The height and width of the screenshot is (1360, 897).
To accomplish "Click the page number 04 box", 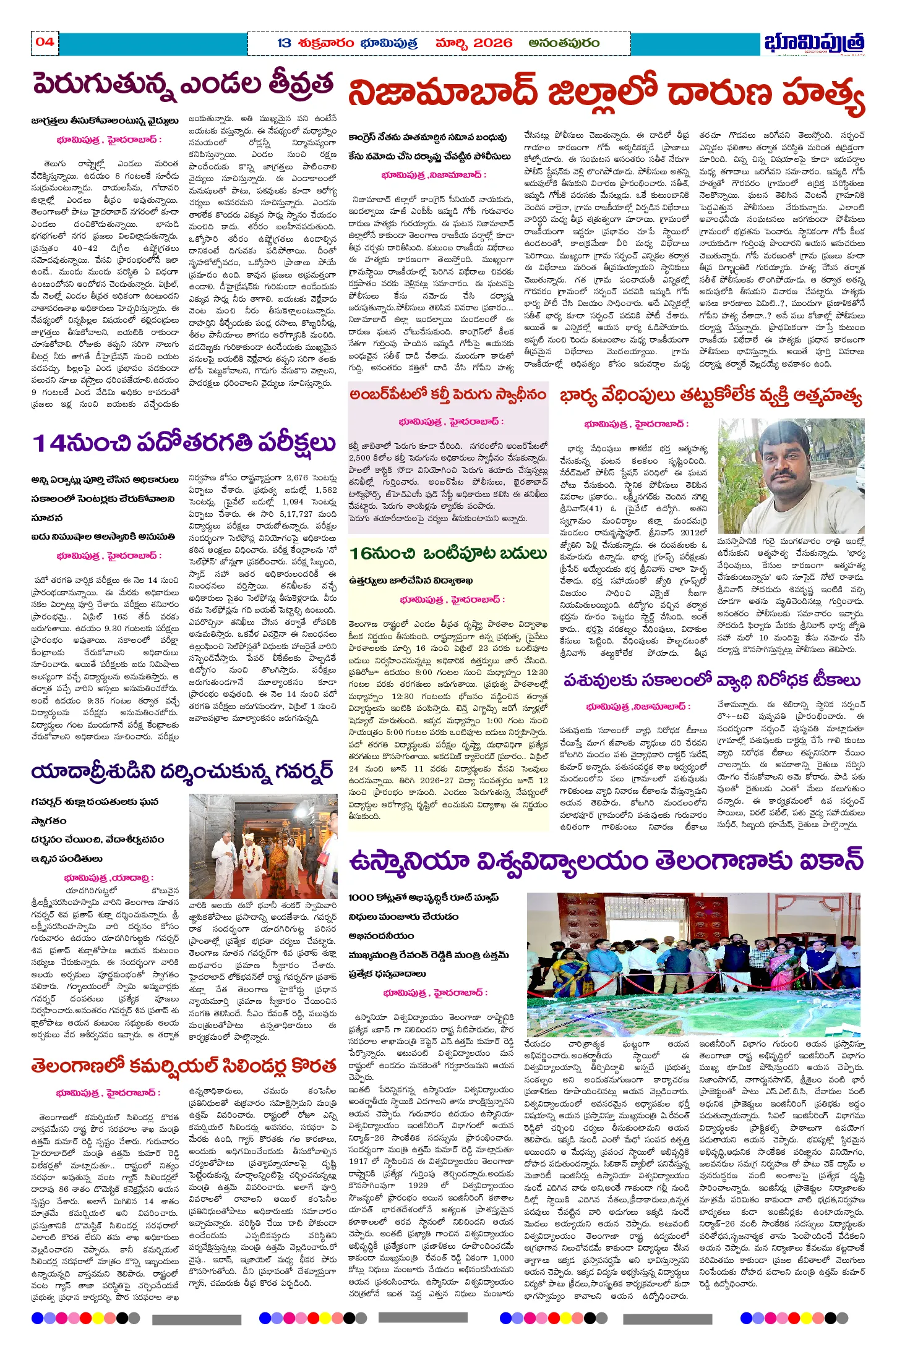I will coord(45,42).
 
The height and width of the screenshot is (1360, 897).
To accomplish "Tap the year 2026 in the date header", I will coord(492,43).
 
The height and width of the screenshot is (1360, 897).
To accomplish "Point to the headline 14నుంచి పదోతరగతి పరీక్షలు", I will coord(184,443).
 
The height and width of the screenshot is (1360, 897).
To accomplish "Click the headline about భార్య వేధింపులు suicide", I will coord(711,397).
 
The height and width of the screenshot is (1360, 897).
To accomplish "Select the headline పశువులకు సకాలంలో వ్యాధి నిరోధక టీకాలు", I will coord(711,681).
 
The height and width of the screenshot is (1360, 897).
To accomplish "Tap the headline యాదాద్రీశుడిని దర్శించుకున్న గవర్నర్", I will coord(182,772).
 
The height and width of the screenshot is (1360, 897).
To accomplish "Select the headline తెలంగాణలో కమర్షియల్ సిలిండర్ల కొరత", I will coord(184,1066).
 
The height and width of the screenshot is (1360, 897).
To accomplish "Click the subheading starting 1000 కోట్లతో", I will coord(423,897).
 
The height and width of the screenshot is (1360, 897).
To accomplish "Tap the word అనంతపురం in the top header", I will coord(564,43).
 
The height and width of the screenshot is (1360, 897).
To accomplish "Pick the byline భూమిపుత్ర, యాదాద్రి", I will coord(109,878).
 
